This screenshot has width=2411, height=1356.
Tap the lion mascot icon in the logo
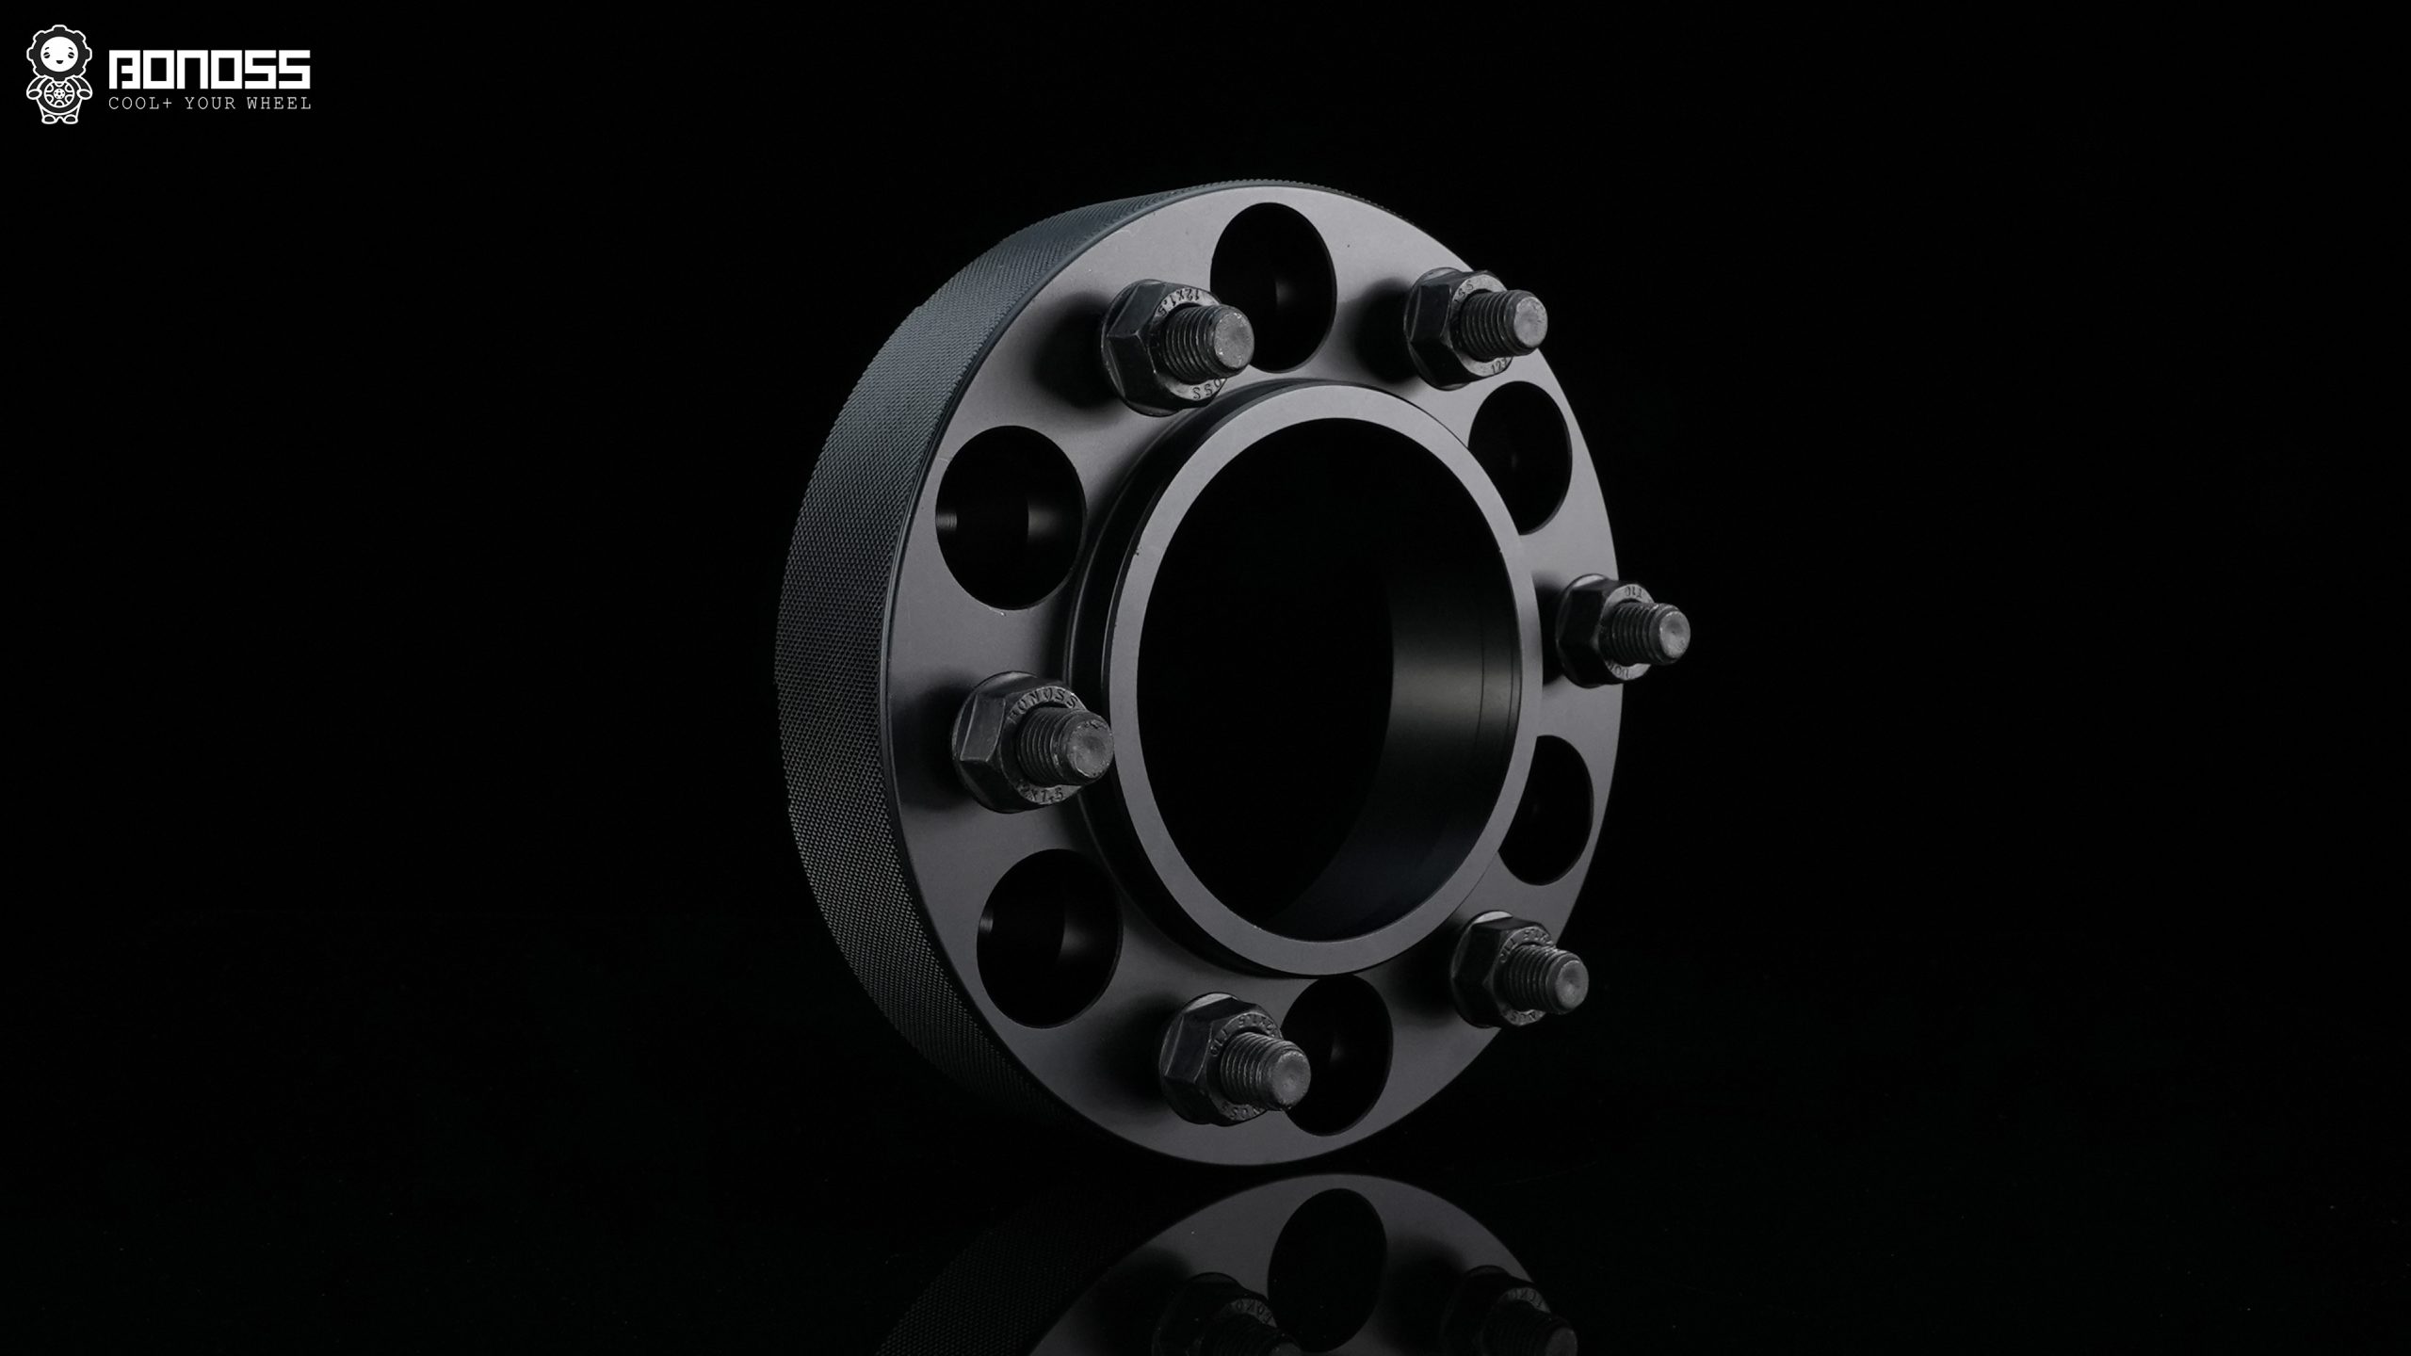pos(59,75)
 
